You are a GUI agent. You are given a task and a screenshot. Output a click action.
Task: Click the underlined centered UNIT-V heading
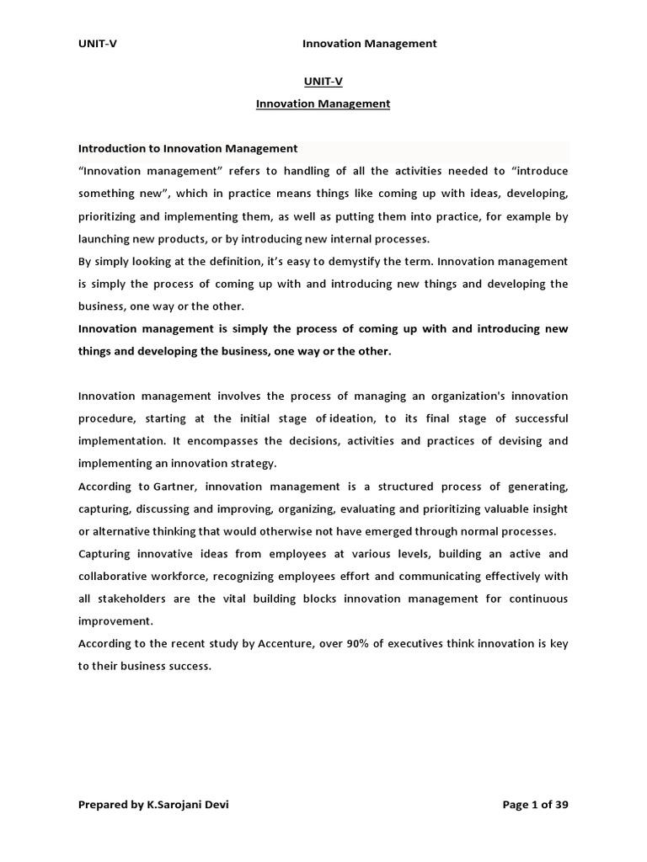click(323, 81)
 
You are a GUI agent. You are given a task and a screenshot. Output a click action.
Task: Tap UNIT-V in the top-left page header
click(98, 44)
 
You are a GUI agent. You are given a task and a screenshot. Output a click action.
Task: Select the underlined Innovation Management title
click(323, 104)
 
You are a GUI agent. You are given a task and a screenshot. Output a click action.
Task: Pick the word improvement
click(115, 621)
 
